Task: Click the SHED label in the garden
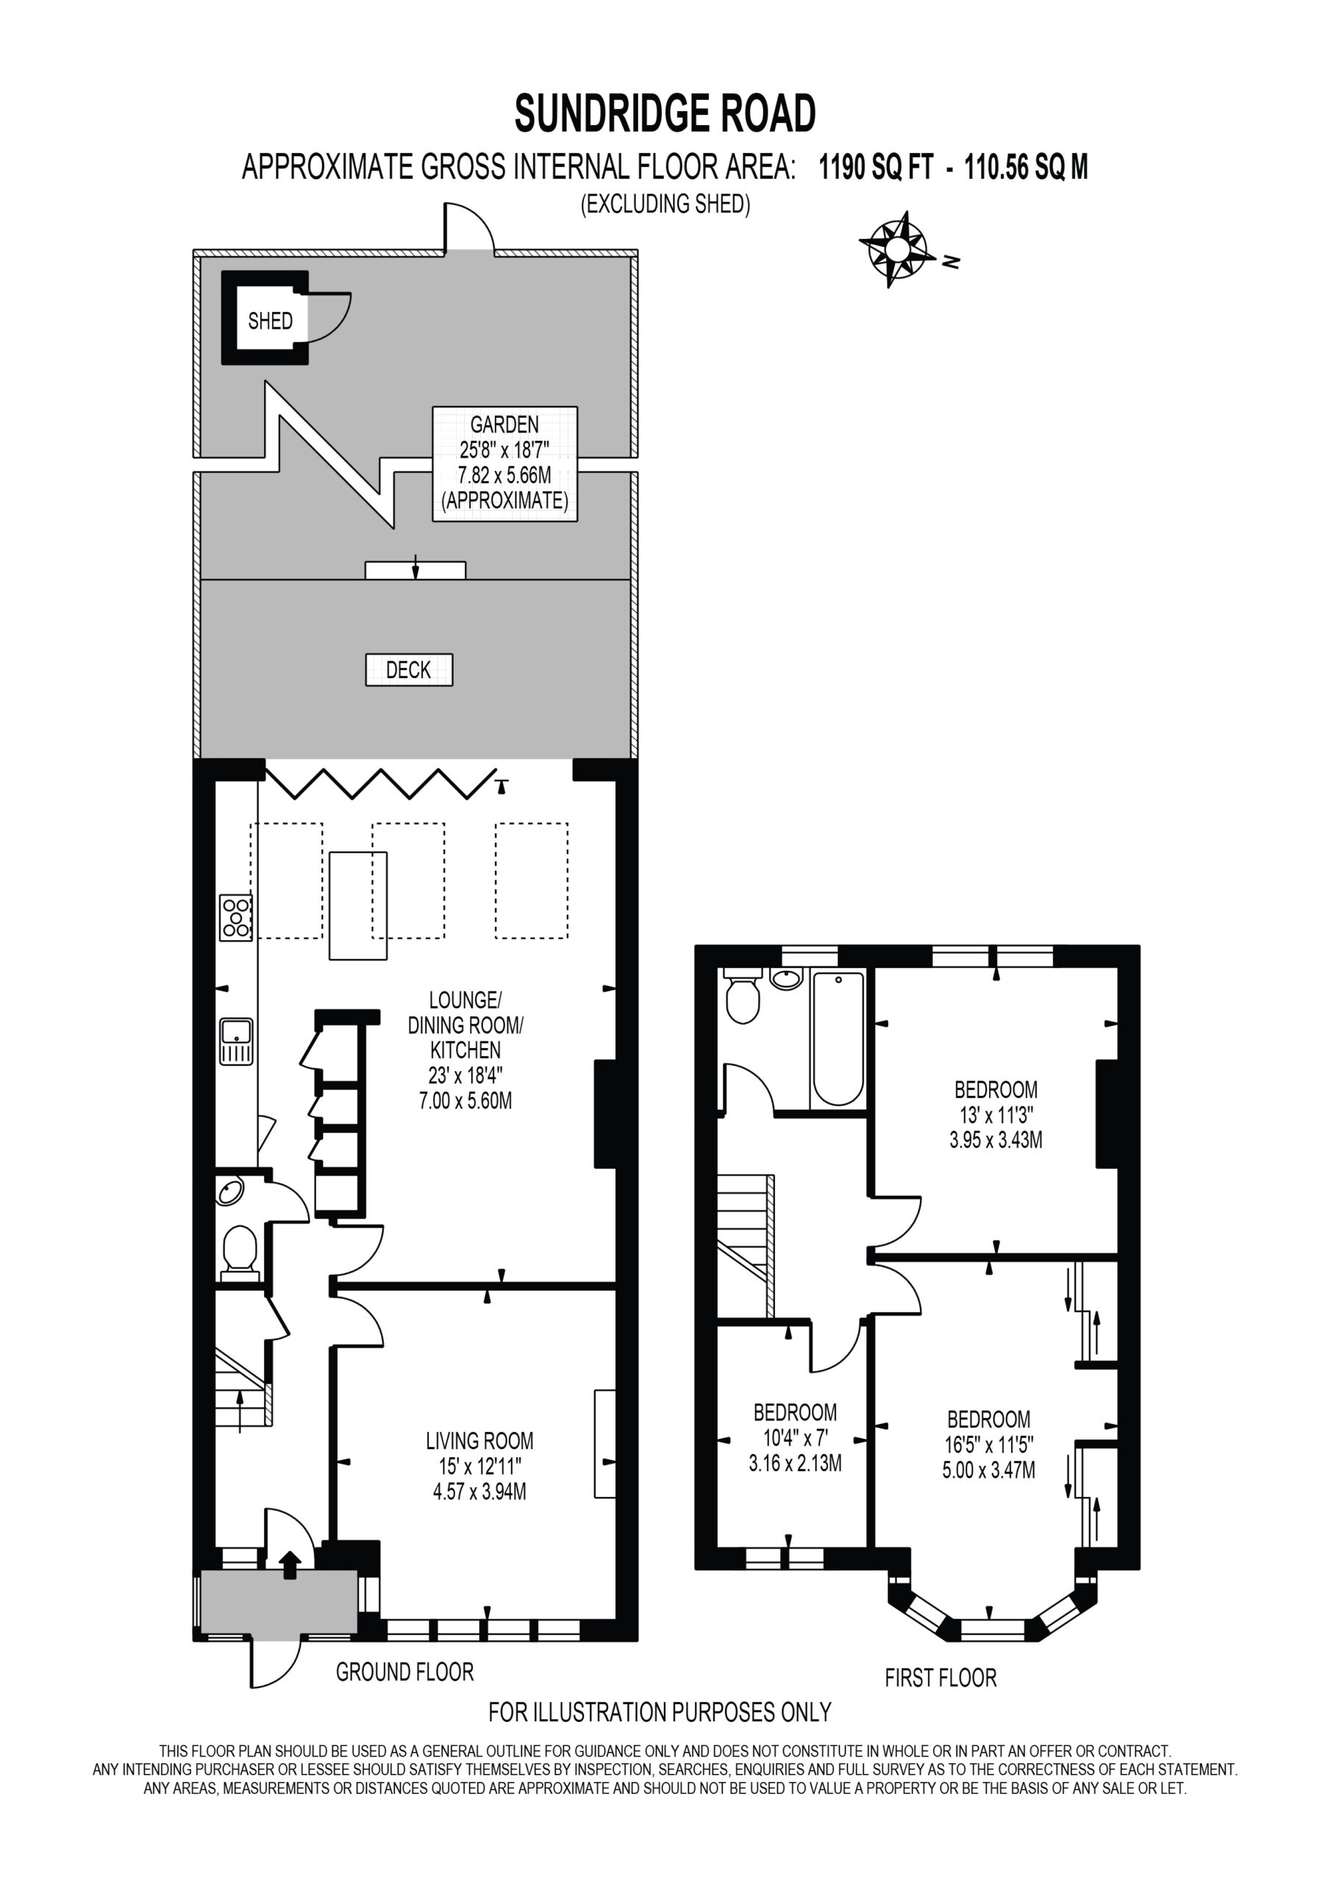click(x=270, y=321)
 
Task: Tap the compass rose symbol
click(x=897, y=248)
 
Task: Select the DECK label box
click(x=408, y=670)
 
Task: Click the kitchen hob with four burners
click(x=235, y=918)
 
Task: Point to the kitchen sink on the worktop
click(x=236, y=1042)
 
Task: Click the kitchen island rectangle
click(x=358, y=905)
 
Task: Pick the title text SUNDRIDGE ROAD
click(x=665, y=113)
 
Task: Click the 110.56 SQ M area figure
click(x=1026, y=168)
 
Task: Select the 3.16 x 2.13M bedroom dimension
click(x=795, y=1463)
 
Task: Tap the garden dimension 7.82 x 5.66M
click(x=505, y=475)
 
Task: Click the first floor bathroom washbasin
click(x=786, y=978)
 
